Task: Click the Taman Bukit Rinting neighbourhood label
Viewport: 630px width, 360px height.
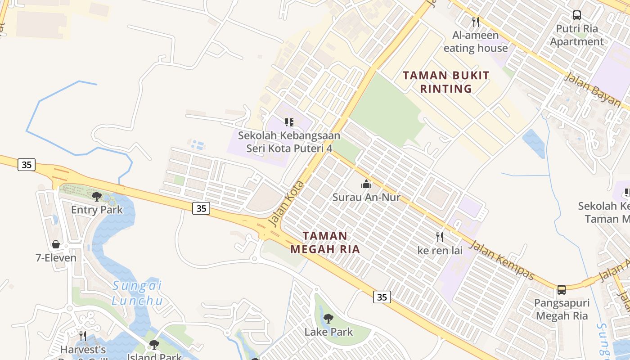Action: [x=446, y=82]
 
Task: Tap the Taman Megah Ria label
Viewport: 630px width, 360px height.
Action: [x=325, y=242]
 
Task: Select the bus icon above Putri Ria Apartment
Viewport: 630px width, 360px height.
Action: [x=577, y=15]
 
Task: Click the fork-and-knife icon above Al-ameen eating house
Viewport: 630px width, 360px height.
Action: [x=475, y=22]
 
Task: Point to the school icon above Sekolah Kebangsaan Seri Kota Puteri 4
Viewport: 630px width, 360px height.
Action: [x=289, y=122]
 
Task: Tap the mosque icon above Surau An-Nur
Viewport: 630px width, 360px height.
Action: [x=366, y=184]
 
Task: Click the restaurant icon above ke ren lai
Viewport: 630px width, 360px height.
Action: [x=440, y=237]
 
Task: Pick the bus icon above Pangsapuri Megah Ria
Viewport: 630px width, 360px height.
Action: [x=562, y=289]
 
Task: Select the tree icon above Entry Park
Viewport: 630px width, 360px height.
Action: [x=97, y=196]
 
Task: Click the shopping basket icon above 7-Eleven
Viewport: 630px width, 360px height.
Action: [x=56, y=244]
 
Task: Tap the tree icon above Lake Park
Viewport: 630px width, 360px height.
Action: [x=328, y=319]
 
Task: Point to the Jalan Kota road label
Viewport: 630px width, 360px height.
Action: [x=286, y=204]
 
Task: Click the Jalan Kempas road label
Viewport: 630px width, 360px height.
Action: [x=502, y=260]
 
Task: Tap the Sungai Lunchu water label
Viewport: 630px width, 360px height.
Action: [x=137, y=293]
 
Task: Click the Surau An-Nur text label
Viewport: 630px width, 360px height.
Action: [x=366, y=197]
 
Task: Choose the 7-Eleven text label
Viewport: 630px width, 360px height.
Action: [x=56, y=258]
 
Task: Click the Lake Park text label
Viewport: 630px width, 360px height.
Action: [x=328, y=332]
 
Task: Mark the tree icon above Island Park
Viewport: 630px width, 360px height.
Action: [x=154, y=345]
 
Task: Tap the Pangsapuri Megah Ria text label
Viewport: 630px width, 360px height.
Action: [x=562, y=309]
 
